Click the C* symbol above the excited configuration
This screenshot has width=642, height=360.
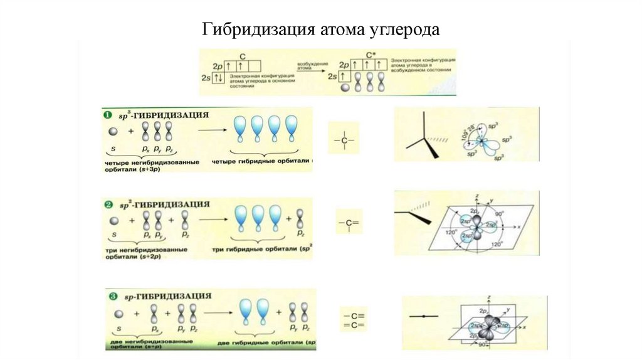tap(370, 55)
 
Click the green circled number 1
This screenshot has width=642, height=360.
tap(107, 115)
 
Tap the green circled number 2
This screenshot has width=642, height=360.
tap(107, 204)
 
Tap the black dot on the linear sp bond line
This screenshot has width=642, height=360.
tap(424, 316)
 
